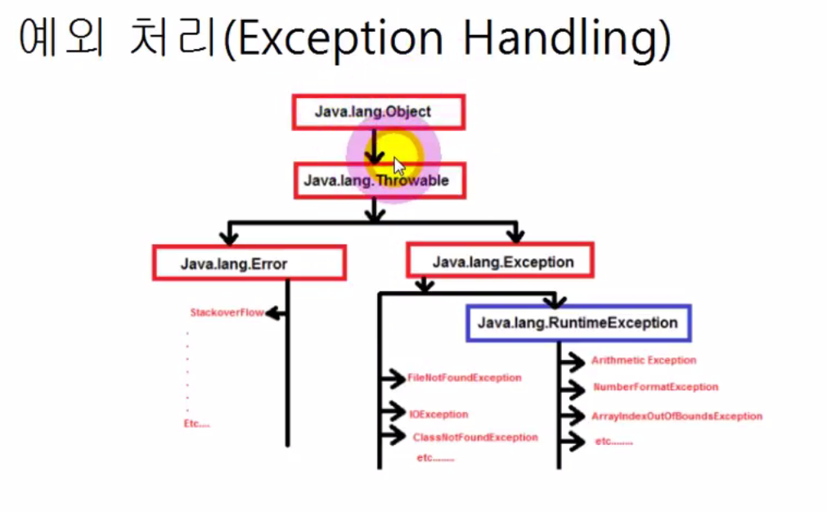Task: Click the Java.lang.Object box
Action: point(378,112)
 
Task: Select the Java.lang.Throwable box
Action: point(380,180)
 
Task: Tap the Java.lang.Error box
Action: point(249,263)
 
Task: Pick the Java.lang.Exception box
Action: point(500,262)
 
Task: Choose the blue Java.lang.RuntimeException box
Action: point(578,323)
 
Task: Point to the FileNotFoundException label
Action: point(465,378)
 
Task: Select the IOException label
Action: point(439,415)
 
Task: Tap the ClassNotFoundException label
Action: point(475,438)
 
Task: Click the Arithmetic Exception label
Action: point(644,360)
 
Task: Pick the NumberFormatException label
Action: point(655,387)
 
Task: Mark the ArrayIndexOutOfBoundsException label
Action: point(676,416)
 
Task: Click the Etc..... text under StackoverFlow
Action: point(196,424)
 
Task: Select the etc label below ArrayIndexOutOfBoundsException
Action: point(614,442)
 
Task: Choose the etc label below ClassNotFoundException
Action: point(435,458)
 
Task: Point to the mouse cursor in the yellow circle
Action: point(398,166)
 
